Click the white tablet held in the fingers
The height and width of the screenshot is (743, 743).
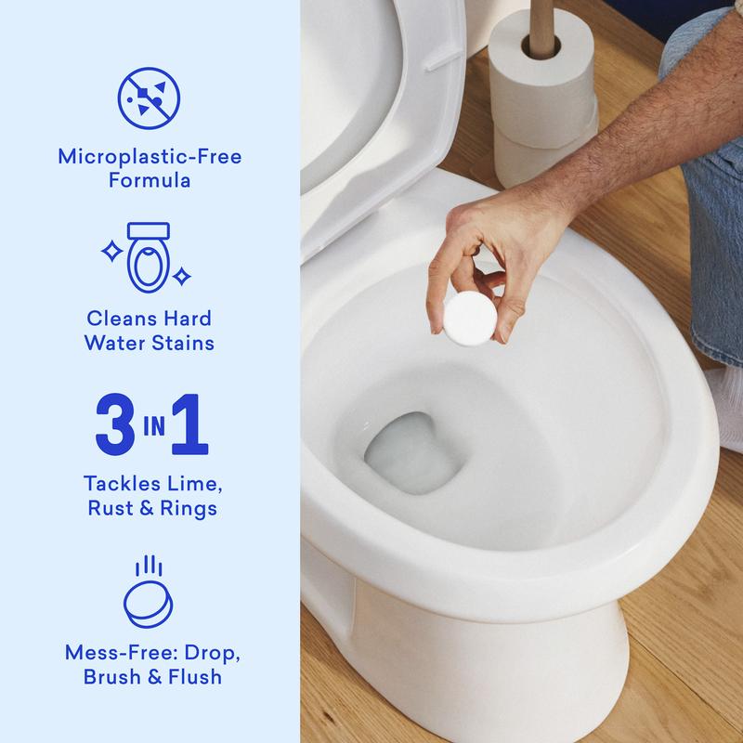point(463,319)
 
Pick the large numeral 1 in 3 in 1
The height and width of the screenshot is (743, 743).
point(188,425)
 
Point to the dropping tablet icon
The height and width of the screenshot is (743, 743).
point(149,595)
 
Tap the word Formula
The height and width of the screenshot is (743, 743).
point(150,180)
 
